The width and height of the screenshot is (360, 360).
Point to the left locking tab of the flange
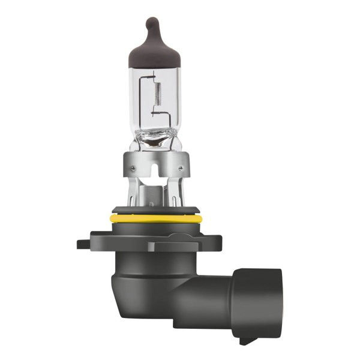click(84, 244)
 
